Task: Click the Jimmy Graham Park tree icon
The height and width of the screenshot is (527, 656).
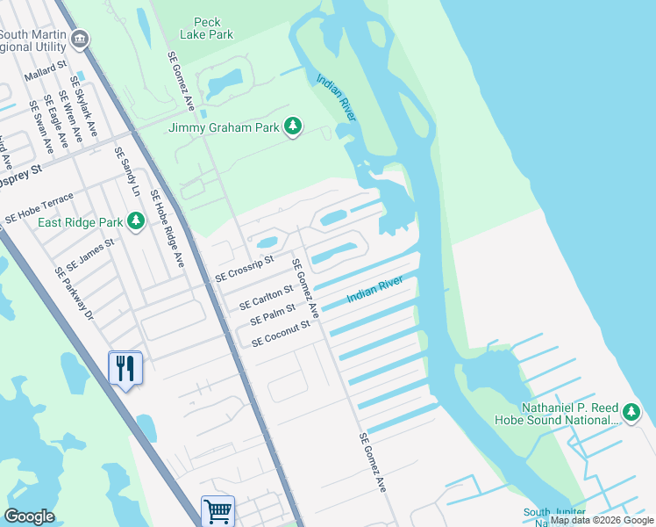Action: [293, 128]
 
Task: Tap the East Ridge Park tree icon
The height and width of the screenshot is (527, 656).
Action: [135, 220]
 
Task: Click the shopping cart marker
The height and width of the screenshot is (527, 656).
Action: [217, 511]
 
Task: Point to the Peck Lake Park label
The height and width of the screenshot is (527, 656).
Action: [207, 28]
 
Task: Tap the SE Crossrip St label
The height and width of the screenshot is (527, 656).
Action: [245, 265]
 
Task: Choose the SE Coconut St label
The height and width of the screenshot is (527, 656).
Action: [282, 333]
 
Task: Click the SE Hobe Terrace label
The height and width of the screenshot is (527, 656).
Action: [39, 207]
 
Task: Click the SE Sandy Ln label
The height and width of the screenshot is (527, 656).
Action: [127, 171]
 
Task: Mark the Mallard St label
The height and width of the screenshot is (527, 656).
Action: [46, 72]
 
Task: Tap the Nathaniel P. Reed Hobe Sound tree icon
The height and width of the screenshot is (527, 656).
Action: [631, 412]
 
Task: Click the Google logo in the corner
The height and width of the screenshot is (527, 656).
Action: [29, 516]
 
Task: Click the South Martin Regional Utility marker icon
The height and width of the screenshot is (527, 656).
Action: [80, 39]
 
